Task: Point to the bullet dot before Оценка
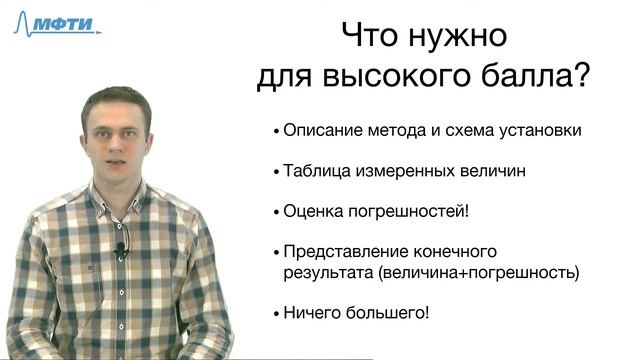[x=276, y=212]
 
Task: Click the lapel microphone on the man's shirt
[x=120, y=247]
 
